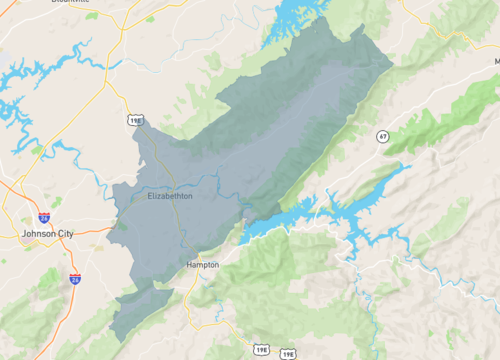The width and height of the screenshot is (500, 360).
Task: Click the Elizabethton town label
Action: tap(170, 196)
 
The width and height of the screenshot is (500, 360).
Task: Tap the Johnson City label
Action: tap(47, 233)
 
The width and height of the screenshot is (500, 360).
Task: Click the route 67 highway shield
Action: tap(383, 135)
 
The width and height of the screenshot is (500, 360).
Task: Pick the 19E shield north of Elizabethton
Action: tap(135, 121)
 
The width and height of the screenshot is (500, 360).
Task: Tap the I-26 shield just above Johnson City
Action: tap(44, 216)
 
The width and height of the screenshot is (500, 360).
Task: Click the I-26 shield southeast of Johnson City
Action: tap(75, 279)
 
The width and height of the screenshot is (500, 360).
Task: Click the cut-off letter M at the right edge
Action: tap(496, 61)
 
